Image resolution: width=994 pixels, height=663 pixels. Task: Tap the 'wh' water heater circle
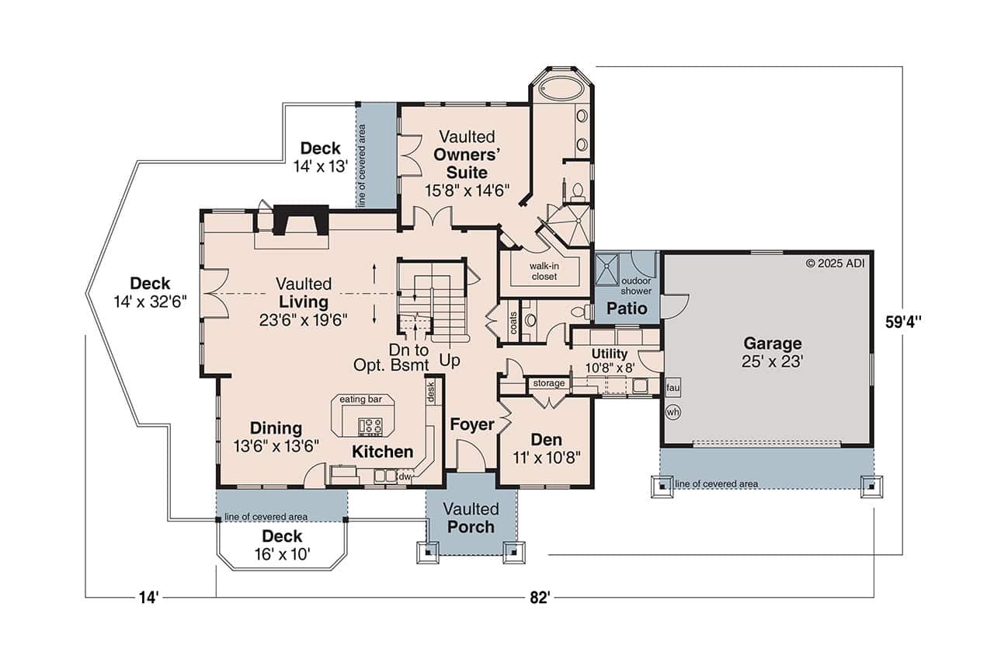673,413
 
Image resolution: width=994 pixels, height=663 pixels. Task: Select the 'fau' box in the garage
673,386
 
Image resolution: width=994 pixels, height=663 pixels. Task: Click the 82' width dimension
540,597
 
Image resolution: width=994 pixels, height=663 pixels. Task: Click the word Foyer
471,424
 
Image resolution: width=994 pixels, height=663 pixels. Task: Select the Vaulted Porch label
471,518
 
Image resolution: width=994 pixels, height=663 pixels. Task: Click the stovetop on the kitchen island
370,425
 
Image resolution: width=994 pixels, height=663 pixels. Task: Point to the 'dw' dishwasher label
405,476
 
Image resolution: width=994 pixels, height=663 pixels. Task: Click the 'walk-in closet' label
544,270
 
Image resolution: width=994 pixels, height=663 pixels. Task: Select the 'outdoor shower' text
636,285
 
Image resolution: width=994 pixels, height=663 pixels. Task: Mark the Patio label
627,308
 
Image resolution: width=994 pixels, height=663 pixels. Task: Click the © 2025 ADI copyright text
835,263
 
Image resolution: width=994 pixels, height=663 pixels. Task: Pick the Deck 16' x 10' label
281,545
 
